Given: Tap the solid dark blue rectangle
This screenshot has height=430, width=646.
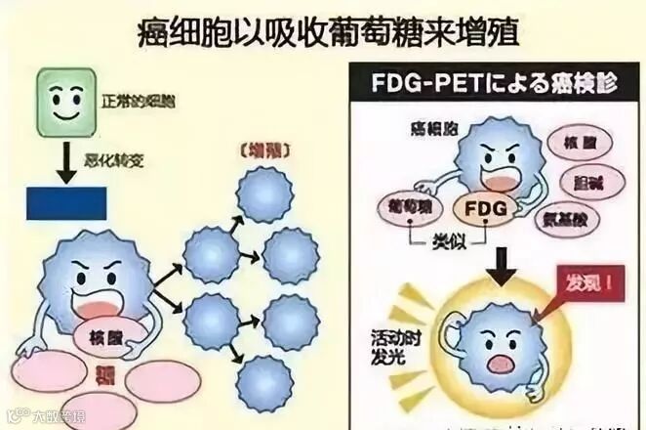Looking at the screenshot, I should click(66, 202).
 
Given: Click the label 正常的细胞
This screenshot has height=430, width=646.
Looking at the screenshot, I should click(139, 100).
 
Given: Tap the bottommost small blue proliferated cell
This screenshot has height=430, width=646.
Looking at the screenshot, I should click(265, 383).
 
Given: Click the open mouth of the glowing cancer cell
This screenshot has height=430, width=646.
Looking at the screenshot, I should click(501, 363).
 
